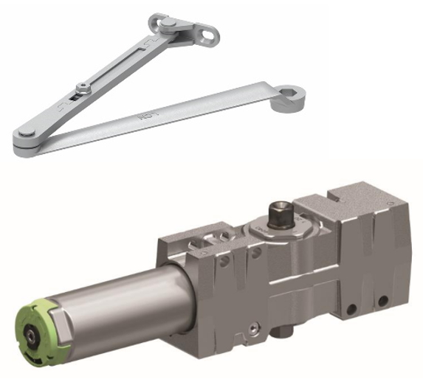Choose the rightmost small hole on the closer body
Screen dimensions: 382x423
(382, 301)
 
